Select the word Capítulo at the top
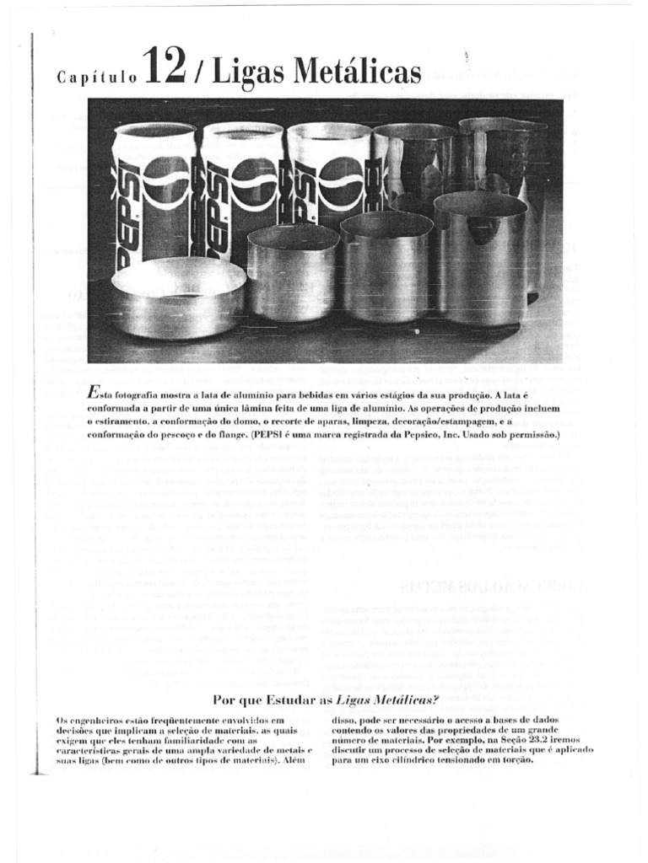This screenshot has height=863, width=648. coord(96,78)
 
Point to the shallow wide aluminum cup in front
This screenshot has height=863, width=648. coord(179,297)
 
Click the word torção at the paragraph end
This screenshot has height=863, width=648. coord(515,759)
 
